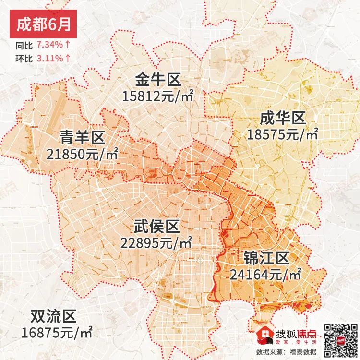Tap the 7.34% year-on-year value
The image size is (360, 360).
pyautogui.click(x=49, y=45)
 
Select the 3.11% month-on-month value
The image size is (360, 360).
pyautogui.click(x=49, y=58)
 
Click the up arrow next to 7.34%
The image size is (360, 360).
pyautogui.click(x=68, y=45)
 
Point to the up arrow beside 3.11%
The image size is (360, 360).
pyautogui.click(x=68, y=58)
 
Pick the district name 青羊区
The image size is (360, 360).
pyautogui.click(x=83, y=138)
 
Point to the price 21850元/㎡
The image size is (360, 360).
pyautogui.click(x=83, y=155)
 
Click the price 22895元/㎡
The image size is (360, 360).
pyautogui.click(x=156, y=242)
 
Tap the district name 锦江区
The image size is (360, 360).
pyautogui.click(x=265, y=258)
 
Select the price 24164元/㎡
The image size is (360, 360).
pyautogui.click(x=265, y=275)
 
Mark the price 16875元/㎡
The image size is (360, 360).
pyautogui.click(x=57, y=332)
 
